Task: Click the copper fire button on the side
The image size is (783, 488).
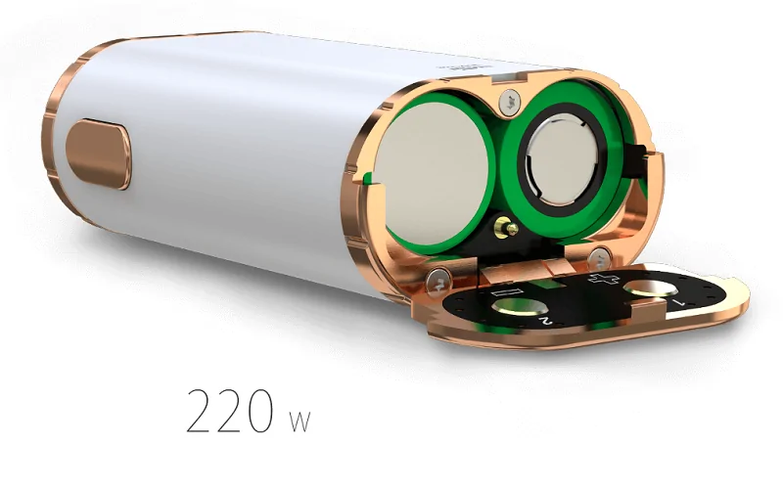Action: pyautogui.click(x=99, y=155)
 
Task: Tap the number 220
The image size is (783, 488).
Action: pyautogui.click(x=231, y=411)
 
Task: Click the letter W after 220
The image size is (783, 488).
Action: pyautogui.click(x=299, y=421)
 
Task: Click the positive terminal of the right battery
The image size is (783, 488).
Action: pyautogui.click(x=563, y=158)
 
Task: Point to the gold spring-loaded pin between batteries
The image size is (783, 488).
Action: pyautogui.click(x=506, y=228)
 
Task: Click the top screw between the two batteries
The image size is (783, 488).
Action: pyautogui.click(x=509, y=102)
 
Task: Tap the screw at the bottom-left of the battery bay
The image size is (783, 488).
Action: pyautogui.click(x=438, y=282)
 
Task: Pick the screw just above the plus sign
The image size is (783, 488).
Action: pyautogui.click(x=599, y=259)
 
